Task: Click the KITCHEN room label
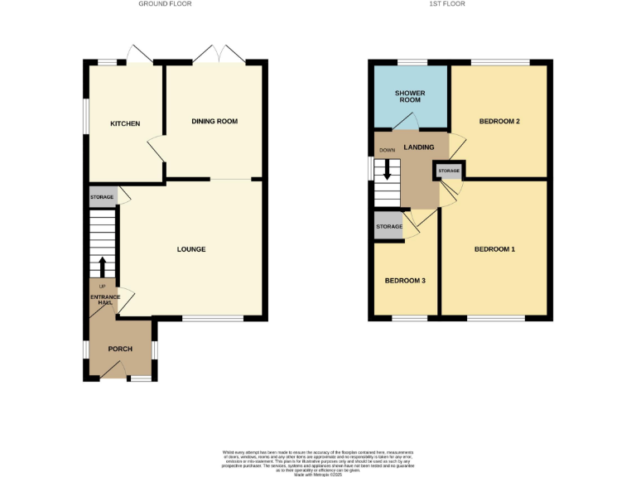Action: pos(125,124)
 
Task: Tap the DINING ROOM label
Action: pos(214,122)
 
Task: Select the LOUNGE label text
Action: pos(191,249)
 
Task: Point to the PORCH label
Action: pos(120,349)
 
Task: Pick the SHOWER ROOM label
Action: pos(409,95)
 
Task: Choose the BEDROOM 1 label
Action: pos(494,249)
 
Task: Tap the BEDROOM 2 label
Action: pos(499,122)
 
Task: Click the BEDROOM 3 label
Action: pos(405,281)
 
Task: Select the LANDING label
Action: pos(418,147)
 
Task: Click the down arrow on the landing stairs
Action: pos(387,169)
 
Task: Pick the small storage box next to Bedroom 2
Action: pos(449,171)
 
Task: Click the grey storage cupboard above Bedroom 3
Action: pos(388,227)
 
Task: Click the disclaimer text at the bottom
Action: pos(318,461)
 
